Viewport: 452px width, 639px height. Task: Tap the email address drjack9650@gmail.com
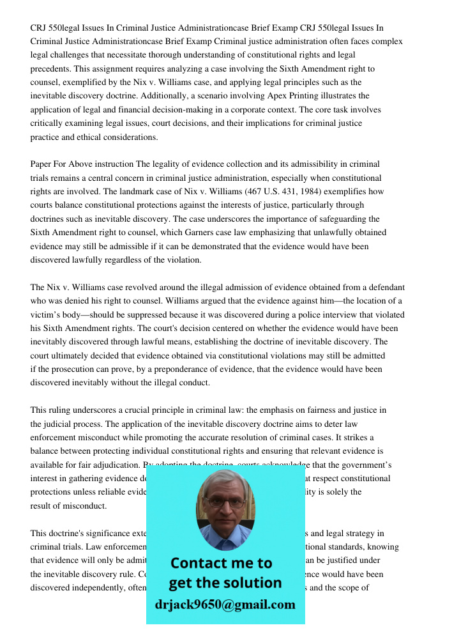tap(225, 604)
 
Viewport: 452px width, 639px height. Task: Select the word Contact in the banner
tap(200, 563)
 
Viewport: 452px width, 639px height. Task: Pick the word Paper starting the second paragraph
tap(42, 164)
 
